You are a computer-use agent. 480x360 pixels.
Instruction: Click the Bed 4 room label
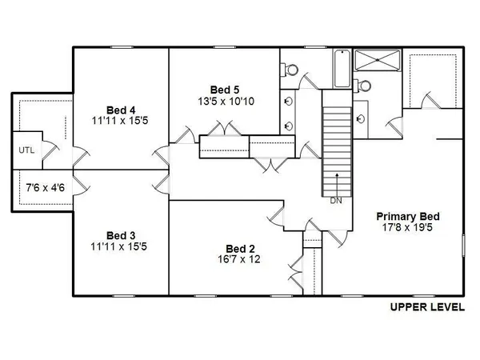[x=121, y=110]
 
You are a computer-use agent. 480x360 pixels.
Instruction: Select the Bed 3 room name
[x=121, y=235]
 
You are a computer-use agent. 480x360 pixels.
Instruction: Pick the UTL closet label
[x=25, y=150]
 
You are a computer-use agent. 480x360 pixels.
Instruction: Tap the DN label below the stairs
[x=336, y=201]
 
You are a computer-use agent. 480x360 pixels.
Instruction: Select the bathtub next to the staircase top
[x=342, y=70]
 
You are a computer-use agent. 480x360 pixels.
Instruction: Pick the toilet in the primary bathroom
[x=365, y=85]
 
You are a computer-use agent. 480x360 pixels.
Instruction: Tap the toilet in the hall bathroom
[x=290, y=70]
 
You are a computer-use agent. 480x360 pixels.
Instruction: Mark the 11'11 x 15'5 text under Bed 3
[x=121, y=247]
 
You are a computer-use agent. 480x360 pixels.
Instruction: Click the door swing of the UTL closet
[x=48, y=146]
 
